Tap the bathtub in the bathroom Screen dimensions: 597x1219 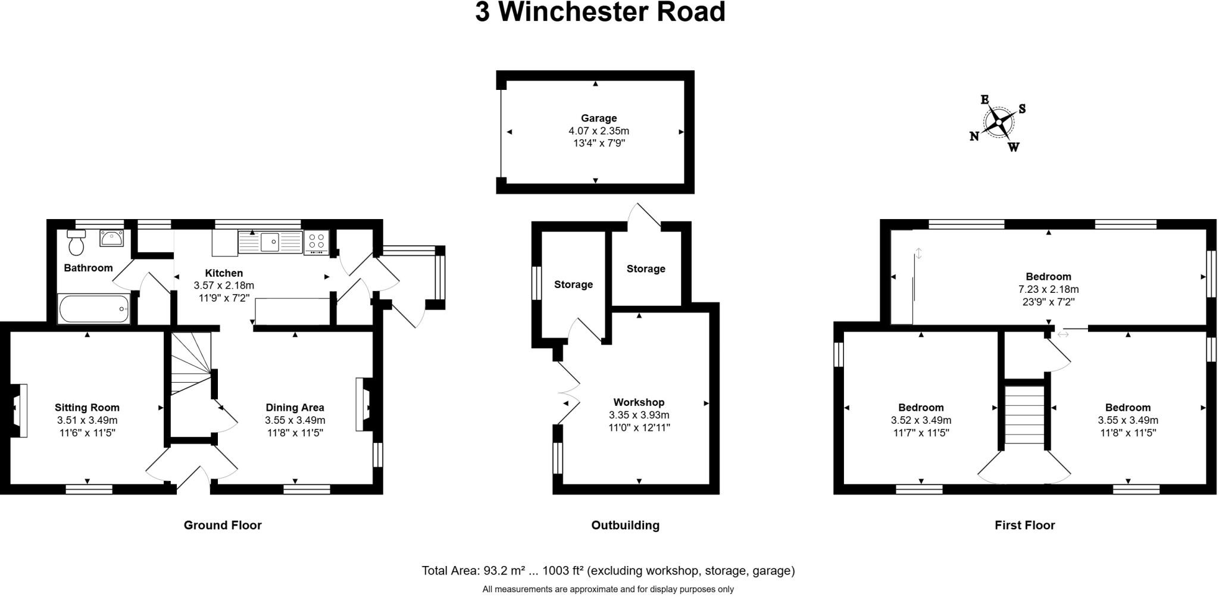(94, 309)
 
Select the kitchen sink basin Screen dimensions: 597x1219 (270, 242)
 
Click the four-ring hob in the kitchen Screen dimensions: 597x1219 (316, 241)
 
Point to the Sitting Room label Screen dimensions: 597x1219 (87, 408)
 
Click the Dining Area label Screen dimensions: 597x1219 (295, 408)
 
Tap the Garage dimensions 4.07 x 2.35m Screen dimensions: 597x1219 (598, 131)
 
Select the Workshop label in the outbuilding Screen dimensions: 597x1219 (639, 402)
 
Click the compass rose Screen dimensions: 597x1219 (998, 123)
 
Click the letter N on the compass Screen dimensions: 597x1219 (974, 136)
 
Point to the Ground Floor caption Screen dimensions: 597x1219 (223, 525)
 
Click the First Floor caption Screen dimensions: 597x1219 (1024, 525)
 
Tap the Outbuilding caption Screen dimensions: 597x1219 (625, 525)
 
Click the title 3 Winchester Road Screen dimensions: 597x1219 (600, 12)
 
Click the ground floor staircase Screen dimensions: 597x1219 (190, 363)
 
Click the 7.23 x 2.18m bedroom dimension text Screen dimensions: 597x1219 (1048, 289)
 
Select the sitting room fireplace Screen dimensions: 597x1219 (20, 411)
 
